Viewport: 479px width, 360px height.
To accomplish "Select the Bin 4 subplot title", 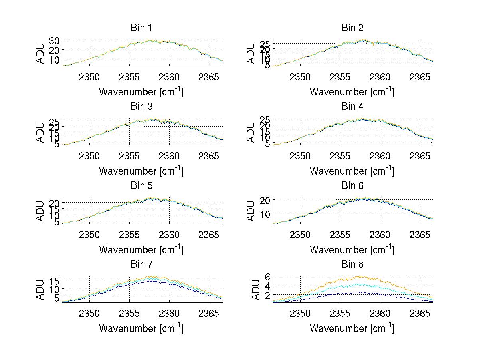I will [352, 107].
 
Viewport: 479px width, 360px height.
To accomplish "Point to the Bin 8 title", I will [352, 265].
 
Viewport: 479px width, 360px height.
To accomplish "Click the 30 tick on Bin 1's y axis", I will [54, 40].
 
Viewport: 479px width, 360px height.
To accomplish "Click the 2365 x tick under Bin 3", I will [209, 156].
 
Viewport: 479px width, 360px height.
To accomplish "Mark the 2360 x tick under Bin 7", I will [169, 314].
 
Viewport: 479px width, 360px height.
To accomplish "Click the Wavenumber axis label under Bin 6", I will [352, 250].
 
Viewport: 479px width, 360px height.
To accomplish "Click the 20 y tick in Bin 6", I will [265, 200].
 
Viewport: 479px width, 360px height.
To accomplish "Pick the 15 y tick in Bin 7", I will [54, 280].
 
